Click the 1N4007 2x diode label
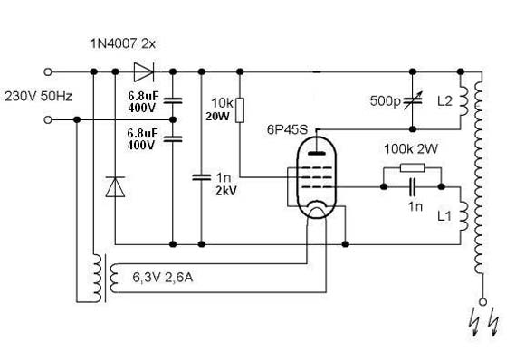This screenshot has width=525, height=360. point(123,43)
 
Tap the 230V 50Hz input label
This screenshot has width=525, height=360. point(39,97)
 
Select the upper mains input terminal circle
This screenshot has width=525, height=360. point(48,71)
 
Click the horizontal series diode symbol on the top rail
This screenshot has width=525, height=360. point(144,71)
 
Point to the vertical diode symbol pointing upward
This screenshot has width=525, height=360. point(115,186)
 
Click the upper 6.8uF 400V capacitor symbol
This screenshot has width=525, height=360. point(173,100)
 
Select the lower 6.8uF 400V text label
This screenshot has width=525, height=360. point(142,139)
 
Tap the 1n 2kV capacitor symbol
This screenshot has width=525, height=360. point(202,177)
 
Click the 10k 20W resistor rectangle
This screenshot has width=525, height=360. point(240,110)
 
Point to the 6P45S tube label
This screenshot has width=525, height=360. point(287,130)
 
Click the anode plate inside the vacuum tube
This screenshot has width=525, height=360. point(317,154)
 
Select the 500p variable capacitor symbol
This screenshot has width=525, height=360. point(413,100)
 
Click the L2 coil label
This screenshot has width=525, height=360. point(444,100)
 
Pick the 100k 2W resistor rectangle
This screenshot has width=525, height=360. point(413,167)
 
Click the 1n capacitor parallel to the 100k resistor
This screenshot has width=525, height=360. point(413,186)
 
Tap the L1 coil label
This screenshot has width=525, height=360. point(444,216)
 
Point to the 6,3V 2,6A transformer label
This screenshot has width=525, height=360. point(163,278)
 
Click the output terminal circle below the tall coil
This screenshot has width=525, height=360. point(482,302)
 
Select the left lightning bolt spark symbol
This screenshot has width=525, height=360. point(475,322)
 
